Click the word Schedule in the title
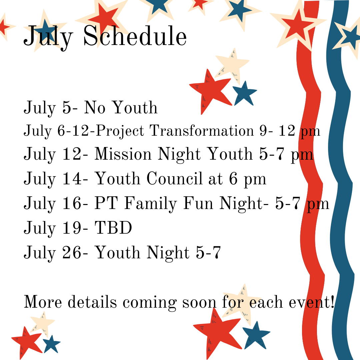pos(135,36)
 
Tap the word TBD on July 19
pos(113,228)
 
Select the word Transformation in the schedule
pos(202,131)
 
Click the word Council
pos(174,178)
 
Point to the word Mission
pos(123,154)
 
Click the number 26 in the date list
pos(72,253)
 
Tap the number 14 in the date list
pos(72,178)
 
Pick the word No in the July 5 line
pos(95,107)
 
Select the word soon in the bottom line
pos(199,302)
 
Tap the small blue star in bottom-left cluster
pos(51,344)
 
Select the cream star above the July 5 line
pos(232,65)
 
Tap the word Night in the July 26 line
pos(168,253)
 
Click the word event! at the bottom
pos(311,302)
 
